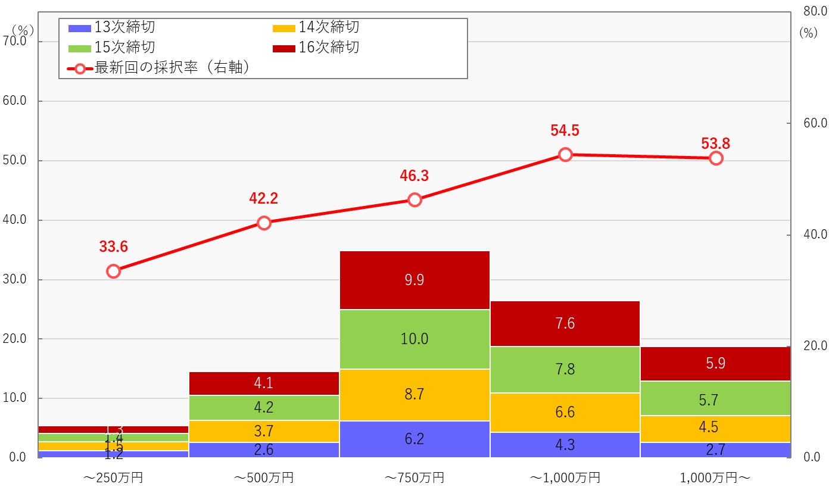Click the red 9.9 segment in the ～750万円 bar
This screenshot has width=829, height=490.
[414, 280]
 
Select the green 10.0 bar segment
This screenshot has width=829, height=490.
[414, 339]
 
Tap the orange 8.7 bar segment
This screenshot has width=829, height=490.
[414, 395]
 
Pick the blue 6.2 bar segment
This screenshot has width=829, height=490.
[414, 439]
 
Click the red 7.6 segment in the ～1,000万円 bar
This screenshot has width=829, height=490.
[565, 324]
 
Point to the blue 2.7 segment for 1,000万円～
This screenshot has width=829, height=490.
[715, 450]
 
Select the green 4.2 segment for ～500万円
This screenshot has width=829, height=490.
[263, 408]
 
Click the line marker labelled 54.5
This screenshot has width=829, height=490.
[565, 155]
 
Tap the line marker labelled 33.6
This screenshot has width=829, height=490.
[114, 271]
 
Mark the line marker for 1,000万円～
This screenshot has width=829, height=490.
[716, 158]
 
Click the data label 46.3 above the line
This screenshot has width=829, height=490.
[414, 176]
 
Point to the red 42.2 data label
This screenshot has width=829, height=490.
[264, 199]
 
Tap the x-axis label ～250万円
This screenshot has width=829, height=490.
[113, 477]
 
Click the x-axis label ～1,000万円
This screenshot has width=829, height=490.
[565, 477]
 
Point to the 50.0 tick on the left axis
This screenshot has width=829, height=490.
[14, 161]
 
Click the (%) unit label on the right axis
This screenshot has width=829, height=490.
[808, 33]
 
